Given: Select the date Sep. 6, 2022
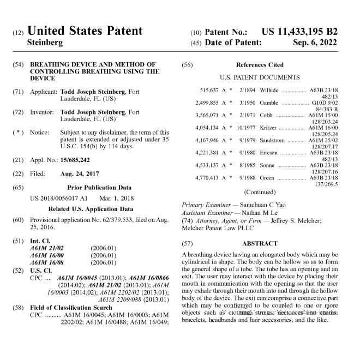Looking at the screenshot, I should (315, 43).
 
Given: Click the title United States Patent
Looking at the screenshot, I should (85, 31).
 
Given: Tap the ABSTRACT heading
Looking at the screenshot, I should (260, 243).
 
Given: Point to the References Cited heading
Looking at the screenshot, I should (260, 65).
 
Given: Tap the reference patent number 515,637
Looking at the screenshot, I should (209, 90).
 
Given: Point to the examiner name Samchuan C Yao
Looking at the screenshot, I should (252, 205).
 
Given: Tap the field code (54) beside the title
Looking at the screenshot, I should (17, 64).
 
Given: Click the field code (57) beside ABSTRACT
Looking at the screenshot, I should (187, 243).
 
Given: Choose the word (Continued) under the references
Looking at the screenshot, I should (260, 192).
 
